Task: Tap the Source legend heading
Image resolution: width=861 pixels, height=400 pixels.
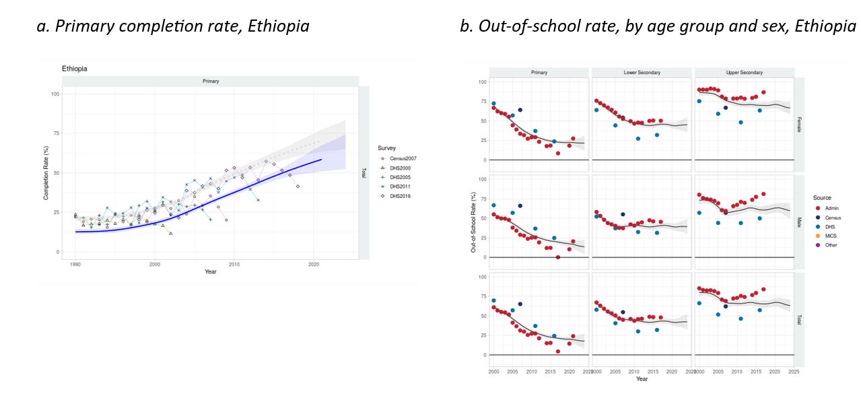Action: click(x=822, y=197)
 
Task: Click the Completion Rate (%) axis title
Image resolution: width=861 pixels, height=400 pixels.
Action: click(x=46, y=172)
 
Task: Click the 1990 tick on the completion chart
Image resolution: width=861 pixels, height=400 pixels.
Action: click(x=75, y=265)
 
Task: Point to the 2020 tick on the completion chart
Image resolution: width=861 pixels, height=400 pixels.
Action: click(x=313, y=265)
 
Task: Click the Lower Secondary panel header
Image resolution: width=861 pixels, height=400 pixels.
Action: click(x=641, y=72)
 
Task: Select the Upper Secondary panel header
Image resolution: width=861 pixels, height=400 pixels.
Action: click(x=744, y=72)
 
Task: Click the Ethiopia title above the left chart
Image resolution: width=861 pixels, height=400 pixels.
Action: click(x=74, y=69)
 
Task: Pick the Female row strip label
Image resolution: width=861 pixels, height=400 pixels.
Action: click(x=800, y=123)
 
